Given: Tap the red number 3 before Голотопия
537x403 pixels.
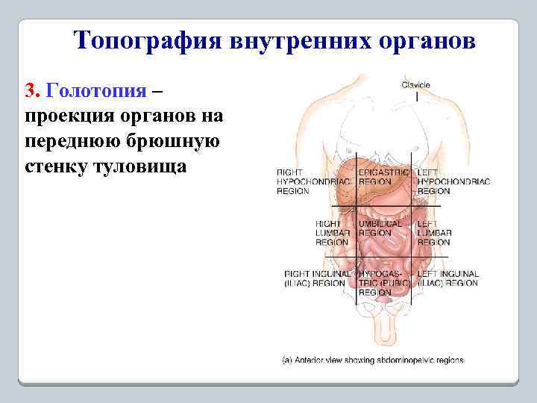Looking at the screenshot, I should click(x=31, y=90).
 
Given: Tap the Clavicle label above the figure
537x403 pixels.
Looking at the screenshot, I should click(x=415, y=84).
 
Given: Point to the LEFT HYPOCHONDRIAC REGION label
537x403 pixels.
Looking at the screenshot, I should click(x=453, y=181).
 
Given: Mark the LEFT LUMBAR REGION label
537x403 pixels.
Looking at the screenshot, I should click(x=434, y=232).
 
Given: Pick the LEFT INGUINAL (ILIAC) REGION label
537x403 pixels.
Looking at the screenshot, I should click(x=447, y=279).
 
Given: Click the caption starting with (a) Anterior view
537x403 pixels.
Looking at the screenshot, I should click(x=372, y=360).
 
